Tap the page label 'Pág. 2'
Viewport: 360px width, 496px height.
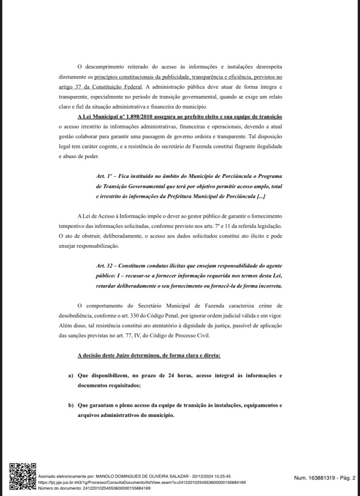(346, 478)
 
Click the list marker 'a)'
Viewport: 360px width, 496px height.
(71, 376)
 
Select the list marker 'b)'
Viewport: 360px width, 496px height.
(71, 405)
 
